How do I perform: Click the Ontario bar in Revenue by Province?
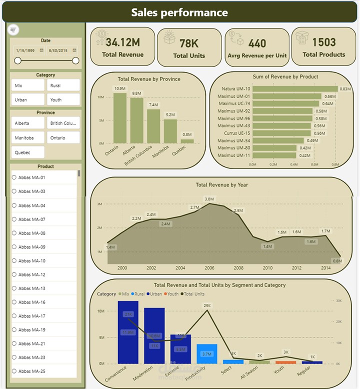pos(119,118)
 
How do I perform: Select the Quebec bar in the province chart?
pos(187,141)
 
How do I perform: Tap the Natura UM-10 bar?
pos(294,89)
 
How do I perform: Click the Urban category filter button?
pos(27,99)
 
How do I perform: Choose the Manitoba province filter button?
pos(27,137)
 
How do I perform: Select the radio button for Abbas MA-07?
pos(14,219)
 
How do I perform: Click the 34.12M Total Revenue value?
pos(122,42)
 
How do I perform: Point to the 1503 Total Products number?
pos(323,42)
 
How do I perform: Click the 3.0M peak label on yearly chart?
pos(209,199)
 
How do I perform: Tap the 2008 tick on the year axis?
pos(238,268)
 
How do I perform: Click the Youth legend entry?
pos(172,294)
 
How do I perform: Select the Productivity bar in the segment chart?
pos(207,353)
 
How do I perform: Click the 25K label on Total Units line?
pos(207,305)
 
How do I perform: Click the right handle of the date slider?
pos(75,60)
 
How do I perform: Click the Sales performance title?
pos(179,12)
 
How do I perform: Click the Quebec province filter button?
pos(27,152)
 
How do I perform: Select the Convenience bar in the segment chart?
pos(128,332)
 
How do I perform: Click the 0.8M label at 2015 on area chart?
pos(337,260)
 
